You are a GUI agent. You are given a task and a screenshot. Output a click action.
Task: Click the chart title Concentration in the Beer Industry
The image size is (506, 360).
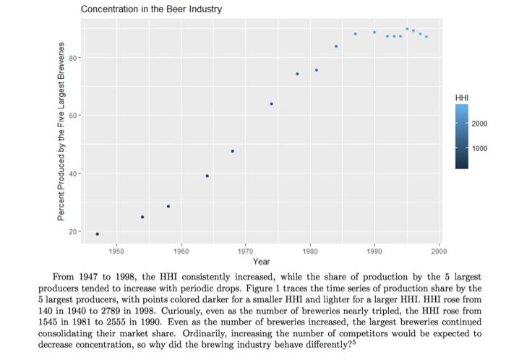click(151, 9)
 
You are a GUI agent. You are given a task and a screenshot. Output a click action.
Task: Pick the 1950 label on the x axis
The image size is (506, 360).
click(116, 250)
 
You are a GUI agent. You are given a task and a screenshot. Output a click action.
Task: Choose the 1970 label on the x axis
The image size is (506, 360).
click(245, 250)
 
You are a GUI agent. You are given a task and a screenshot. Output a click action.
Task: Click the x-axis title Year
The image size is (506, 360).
click(262, 261)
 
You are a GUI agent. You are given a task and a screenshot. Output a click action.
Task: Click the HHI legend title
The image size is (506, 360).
click(460, 98)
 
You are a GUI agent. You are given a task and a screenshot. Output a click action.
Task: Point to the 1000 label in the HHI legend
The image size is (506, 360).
click(480, 148)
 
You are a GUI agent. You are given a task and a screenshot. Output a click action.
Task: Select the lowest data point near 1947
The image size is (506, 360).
click(98, 233)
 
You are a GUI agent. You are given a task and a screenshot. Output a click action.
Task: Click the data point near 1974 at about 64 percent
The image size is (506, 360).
click(271, 104)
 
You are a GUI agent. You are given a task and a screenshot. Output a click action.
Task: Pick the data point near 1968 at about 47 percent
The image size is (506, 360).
click(232, 151)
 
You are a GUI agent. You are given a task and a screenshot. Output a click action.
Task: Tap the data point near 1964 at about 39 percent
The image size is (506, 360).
click(207, 176)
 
